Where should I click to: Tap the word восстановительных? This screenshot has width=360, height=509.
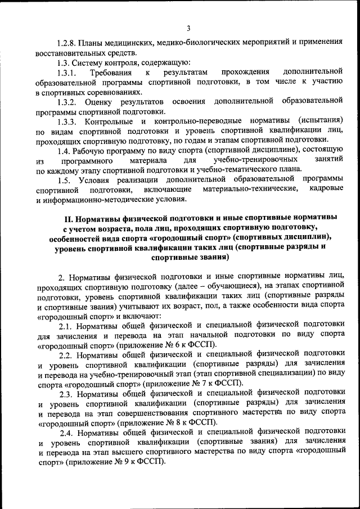click(68, 52)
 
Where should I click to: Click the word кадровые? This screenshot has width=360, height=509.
click(326, 190)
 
